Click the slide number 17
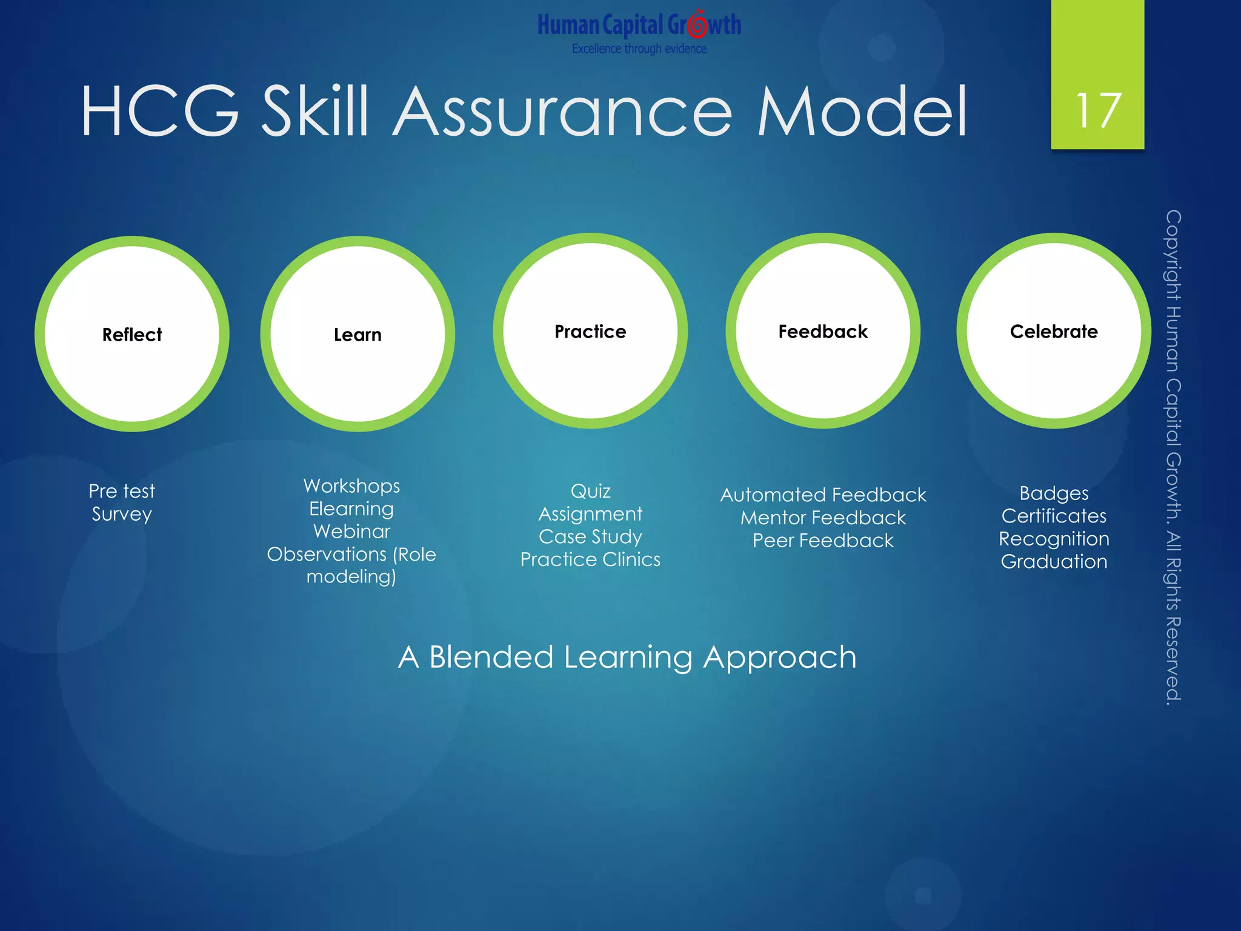pos(1098,110)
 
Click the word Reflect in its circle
pos(132,335)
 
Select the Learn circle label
pos(358,335)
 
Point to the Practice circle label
pos(590,332)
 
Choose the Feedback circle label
pos(823,332)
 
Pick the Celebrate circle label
pos(1054,332)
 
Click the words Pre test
pos(122,491)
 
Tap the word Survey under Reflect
pos(122,514)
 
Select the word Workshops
pos(351,486)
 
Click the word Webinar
pos(351,532)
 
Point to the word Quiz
pos(590,491)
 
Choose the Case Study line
pos(590,536)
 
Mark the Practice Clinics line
pos(590,559)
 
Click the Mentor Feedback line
pos(823,518)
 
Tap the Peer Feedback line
pos(823,541)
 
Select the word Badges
pos(1054,493)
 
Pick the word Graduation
pos(1054,562)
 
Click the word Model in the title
pos(862,112)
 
